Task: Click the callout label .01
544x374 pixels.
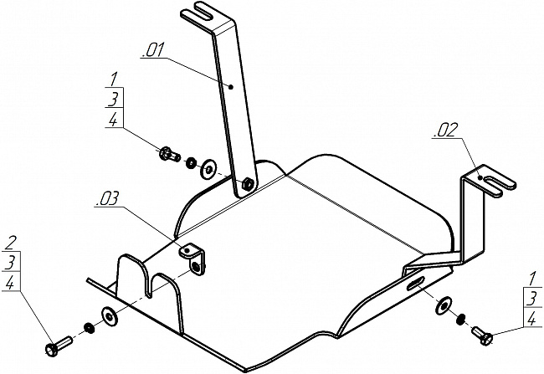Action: (x=152, y=50)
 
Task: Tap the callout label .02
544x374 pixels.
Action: (x=445, y=130)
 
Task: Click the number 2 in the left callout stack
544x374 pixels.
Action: (x=11, y=243)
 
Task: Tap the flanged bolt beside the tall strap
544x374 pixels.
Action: (x=169, y=154)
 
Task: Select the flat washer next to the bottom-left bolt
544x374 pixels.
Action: (x=110, y=316)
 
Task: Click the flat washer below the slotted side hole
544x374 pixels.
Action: (x=444, y=305)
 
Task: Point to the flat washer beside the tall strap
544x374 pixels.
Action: (x=208, y=169)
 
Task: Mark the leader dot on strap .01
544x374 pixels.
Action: (x=231, y=87)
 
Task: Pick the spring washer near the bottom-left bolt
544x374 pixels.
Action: (x=90, y=328)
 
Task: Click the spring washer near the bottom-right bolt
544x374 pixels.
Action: (x=461, y=319)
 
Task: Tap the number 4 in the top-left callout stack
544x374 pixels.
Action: (x=113, y=120)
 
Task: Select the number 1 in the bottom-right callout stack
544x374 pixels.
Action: (x=531, y=279)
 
